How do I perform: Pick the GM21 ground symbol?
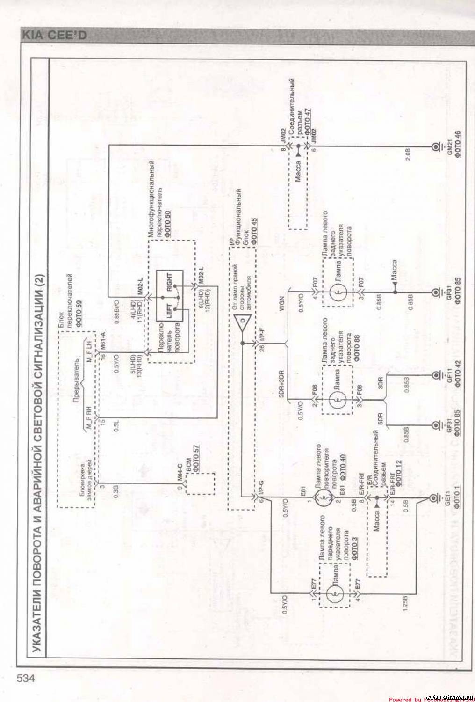tap(436, 147)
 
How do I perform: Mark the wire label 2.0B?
tap(408, 155)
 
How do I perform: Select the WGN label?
tap(281, 311)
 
